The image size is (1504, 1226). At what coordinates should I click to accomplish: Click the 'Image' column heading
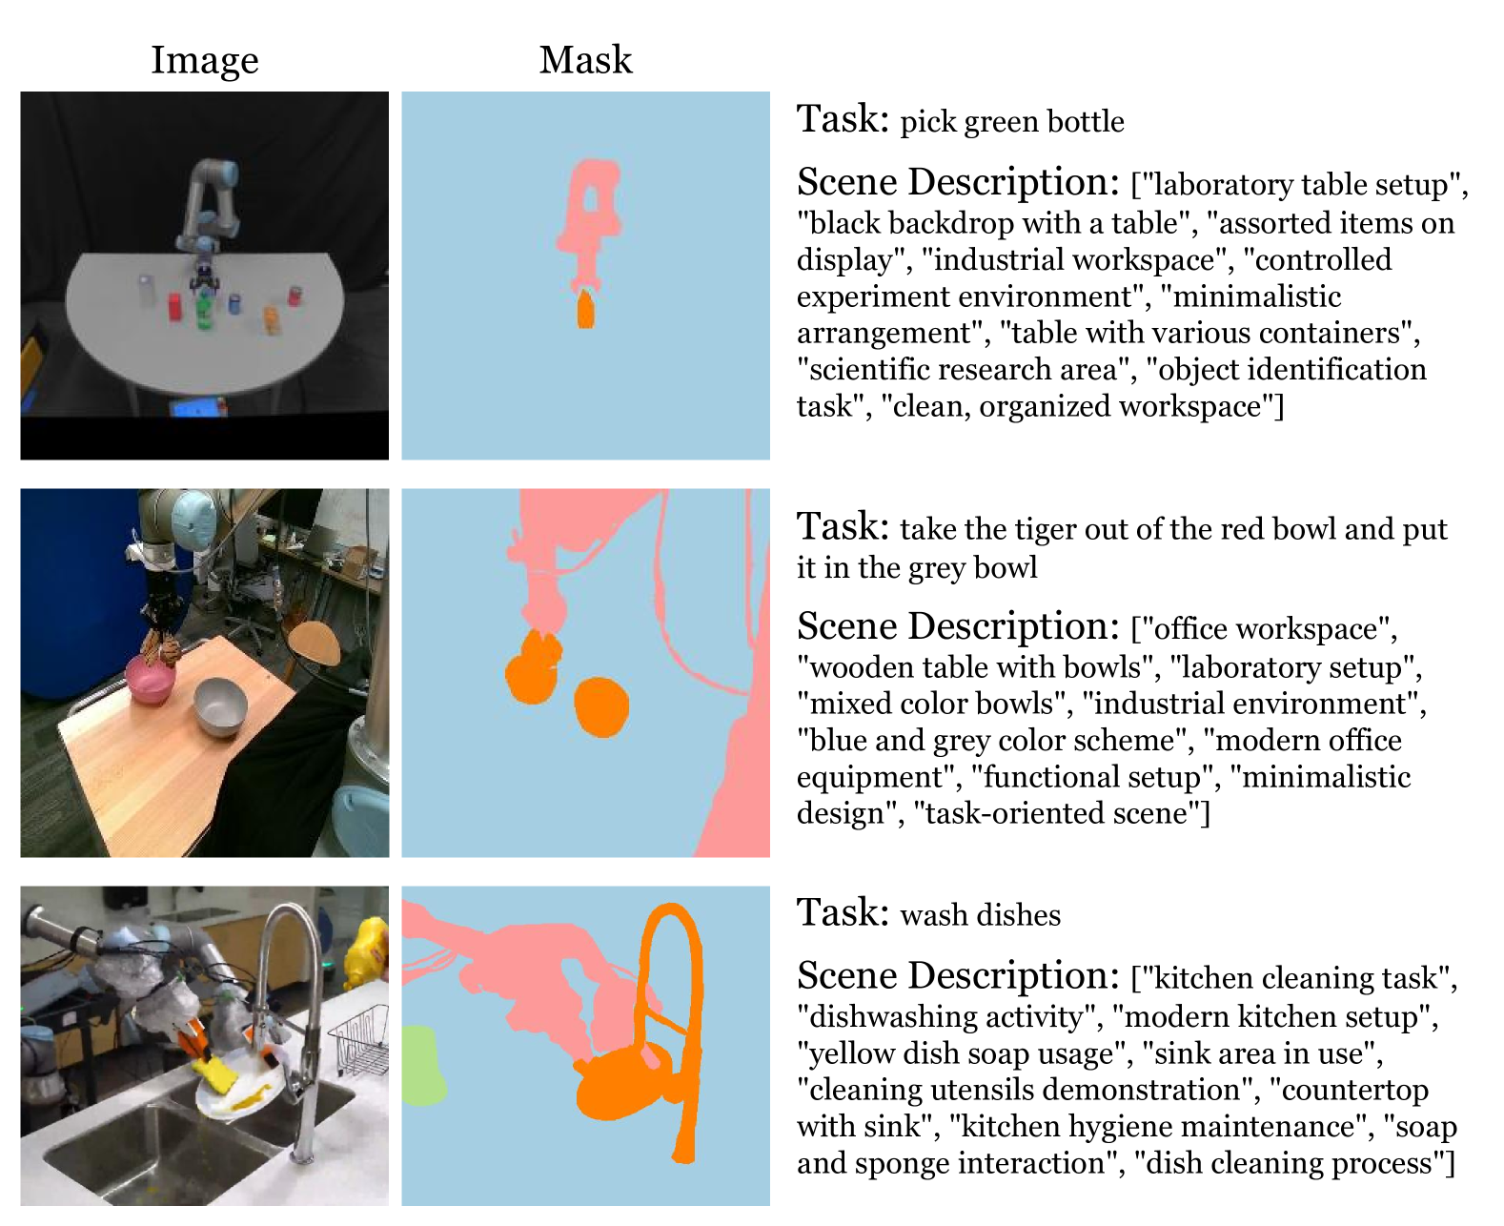[204, 60]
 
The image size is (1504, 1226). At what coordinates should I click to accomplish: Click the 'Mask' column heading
[585, 60]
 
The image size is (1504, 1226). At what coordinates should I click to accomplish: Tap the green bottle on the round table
[203, 312]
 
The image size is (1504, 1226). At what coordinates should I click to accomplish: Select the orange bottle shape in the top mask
[585, 311]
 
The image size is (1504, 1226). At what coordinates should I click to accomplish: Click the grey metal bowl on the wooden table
[220, 706]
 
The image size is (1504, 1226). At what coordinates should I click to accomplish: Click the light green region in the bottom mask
[421, 1066]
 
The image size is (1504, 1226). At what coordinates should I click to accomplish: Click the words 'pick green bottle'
[1011, 122]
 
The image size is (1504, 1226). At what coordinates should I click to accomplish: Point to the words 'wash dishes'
[980, 915]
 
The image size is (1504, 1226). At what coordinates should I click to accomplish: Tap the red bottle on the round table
[175, 306]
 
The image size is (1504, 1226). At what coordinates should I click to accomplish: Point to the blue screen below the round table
[198, 408]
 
